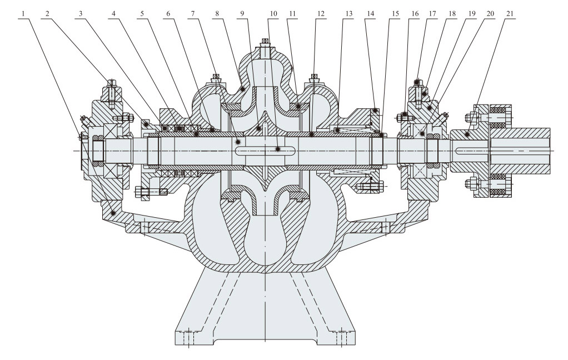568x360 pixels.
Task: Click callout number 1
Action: point(25,12)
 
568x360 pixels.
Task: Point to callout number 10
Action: point(271,12)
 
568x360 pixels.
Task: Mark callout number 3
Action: point(82,12)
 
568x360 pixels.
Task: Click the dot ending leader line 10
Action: point(278,149)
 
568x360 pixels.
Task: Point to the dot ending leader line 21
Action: point(467,135)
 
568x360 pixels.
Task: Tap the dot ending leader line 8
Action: point(243,89)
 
